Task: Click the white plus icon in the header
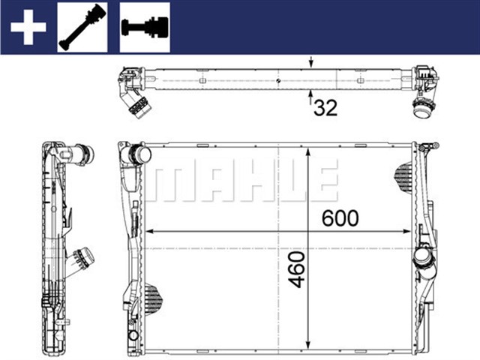point(28,27)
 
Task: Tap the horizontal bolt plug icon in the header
point(144,27)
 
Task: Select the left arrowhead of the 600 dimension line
point(148,229)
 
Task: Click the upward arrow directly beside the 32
point(310,97)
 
